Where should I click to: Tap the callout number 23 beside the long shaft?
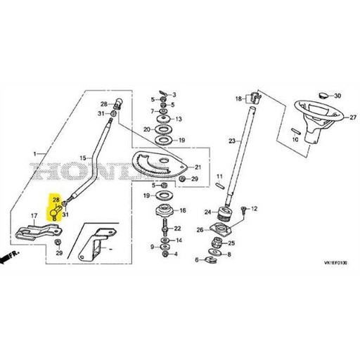coord(233,141)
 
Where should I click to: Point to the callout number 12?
coord(255,209)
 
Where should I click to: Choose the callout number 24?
coord(208,211)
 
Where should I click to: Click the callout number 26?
coord(200,229)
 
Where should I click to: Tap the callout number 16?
coord(183,210)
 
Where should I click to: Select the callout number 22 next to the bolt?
coord(178,229)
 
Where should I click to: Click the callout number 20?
coord(146,129)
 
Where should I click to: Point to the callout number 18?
coord(238,98)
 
